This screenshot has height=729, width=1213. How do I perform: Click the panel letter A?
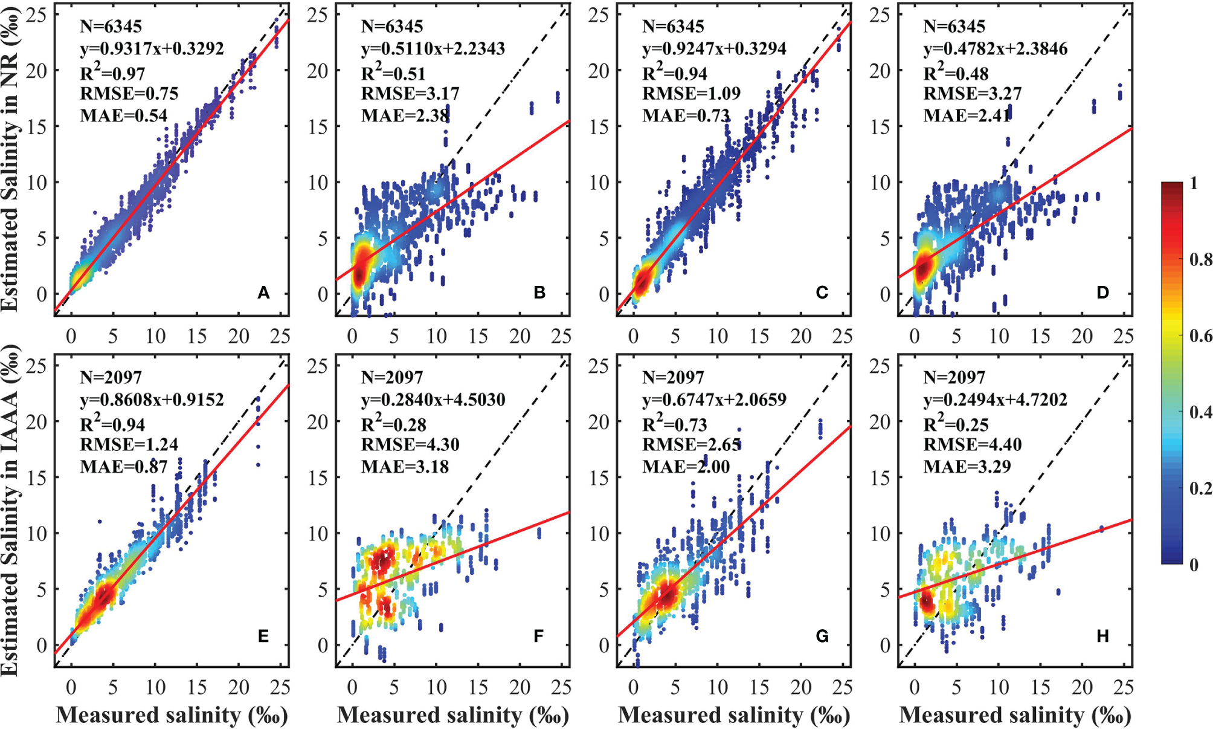[263, 293]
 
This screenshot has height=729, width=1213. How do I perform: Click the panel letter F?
[538, 636]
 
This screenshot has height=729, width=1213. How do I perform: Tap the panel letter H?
[1102, 636]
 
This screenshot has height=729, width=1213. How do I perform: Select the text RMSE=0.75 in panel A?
[129, 93]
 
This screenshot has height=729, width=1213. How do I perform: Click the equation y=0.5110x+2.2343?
[433, 48]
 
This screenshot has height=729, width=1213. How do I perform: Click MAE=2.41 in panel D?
[967, 115]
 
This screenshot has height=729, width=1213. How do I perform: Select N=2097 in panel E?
[111, 377]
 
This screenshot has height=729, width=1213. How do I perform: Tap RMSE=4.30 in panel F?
[410, 444]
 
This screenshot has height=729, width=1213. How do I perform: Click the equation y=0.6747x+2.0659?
[714, 400]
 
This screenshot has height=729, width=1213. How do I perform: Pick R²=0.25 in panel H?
[956, 424]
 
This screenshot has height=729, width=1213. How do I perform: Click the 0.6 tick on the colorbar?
[1200, 336]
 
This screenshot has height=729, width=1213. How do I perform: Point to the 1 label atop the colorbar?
[1194, 183]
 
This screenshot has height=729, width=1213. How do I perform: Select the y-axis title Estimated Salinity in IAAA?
[10, 511]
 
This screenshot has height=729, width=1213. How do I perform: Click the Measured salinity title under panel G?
[734, 715]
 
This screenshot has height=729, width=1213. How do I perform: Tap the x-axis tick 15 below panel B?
[478, 336]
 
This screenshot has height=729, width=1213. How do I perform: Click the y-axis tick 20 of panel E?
[36, 421]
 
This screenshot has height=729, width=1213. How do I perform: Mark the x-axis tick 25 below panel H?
[1124, 687]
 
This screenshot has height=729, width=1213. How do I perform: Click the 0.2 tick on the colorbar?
[1200, 488]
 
